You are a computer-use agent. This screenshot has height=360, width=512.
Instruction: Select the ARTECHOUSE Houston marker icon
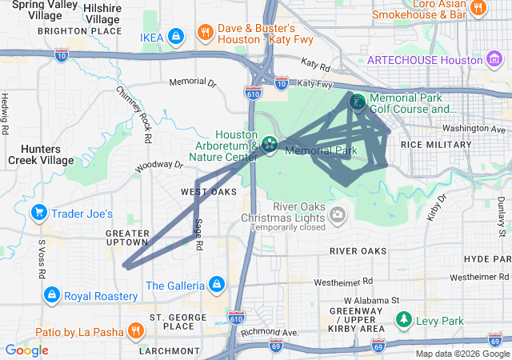click(494, 59)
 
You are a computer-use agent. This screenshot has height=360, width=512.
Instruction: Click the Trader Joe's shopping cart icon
click(38, 213)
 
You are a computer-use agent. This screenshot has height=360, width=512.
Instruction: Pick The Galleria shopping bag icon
click(215, 284)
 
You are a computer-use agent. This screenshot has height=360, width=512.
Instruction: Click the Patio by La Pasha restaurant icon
click(136, 330)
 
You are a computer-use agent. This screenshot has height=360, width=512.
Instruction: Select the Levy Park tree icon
click(405, 321)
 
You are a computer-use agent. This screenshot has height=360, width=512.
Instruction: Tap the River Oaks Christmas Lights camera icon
click(338, 214)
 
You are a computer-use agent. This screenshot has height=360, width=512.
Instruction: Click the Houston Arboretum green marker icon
click(270, 144)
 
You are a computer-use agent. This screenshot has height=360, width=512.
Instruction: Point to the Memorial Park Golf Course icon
click(357, 102)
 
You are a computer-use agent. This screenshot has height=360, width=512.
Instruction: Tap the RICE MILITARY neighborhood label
click(436, 144)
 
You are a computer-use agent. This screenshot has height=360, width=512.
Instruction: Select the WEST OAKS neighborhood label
click(209, 192)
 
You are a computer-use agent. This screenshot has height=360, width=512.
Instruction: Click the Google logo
click(26, 350)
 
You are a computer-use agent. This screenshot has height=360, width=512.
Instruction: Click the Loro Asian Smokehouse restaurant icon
click(478, 9)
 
